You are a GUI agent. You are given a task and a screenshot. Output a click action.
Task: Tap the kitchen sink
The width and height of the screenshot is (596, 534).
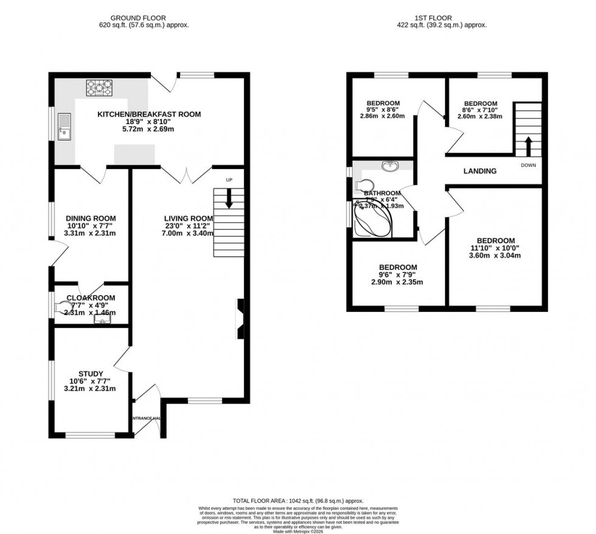65,131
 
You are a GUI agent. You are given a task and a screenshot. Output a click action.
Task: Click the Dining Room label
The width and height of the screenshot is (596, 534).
91,218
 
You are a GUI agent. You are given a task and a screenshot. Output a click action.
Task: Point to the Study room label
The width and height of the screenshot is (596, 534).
91,373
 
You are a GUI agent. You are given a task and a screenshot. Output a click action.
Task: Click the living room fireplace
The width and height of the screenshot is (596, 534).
240,319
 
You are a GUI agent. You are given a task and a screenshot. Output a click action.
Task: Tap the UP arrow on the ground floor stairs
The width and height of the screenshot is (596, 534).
229,199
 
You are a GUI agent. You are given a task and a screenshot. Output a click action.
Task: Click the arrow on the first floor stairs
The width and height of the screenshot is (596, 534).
527,147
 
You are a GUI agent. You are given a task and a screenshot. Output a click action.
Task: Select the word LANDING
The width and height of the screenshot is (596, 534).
480,172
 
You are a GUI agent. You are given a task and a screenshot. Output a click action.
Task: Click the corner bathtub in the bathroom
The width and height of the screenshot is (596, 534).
372,221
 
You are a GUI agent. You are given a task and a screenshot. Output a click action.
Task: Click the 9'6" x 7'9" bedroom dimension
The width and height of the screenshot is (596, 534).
398,275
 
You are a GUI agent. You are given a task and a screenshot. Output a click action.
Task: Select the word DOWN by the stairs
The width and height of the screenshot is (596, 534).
528,165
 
